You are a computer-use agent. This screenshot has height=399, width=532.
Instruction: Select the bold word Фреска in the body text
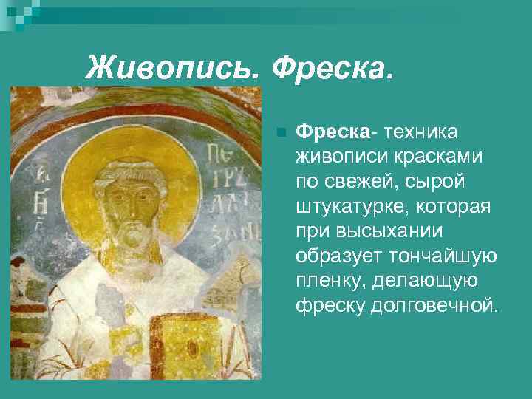click(332, 132)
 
